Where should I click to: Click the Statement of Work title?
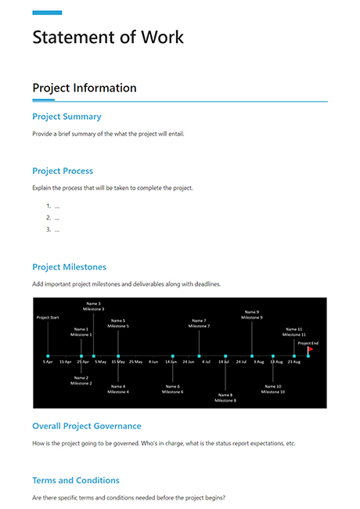pos(108,37)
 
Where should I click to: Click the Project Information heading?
pos(85,88)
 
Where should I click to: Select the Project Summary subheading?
pos(67,117)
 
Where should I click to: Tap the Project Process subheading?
pos(63,171)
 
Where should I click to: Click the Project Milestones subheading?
pos(69,267)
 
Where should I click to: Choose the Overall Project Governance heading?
pos(87,426)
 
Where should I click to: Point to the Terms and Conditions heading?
pos(76,480)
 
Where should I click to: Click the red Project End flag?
pos(311,349)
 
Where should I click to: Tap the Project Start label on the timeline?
pos(48,317)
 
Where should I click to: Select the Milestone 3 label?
pos(93,309)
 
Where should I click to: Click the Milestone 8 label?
pos(225,400)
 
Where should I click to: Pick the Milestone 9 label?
pos(252,317)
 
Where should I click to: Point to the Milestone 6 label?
pos(173,392)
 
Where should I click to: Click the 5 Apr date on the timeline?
pos(48,362)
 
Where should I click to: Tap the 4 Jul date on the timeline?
pos(206,362)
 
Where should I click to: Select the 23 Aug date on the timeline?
pos(294,362)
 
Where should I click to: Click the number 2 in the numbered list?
pos(49,218)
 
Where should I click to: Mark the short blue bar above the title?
pos(47,13)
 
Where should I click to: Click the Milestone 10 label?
pos(272,392)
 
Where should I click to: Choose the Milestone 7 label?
pos(200,326)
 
